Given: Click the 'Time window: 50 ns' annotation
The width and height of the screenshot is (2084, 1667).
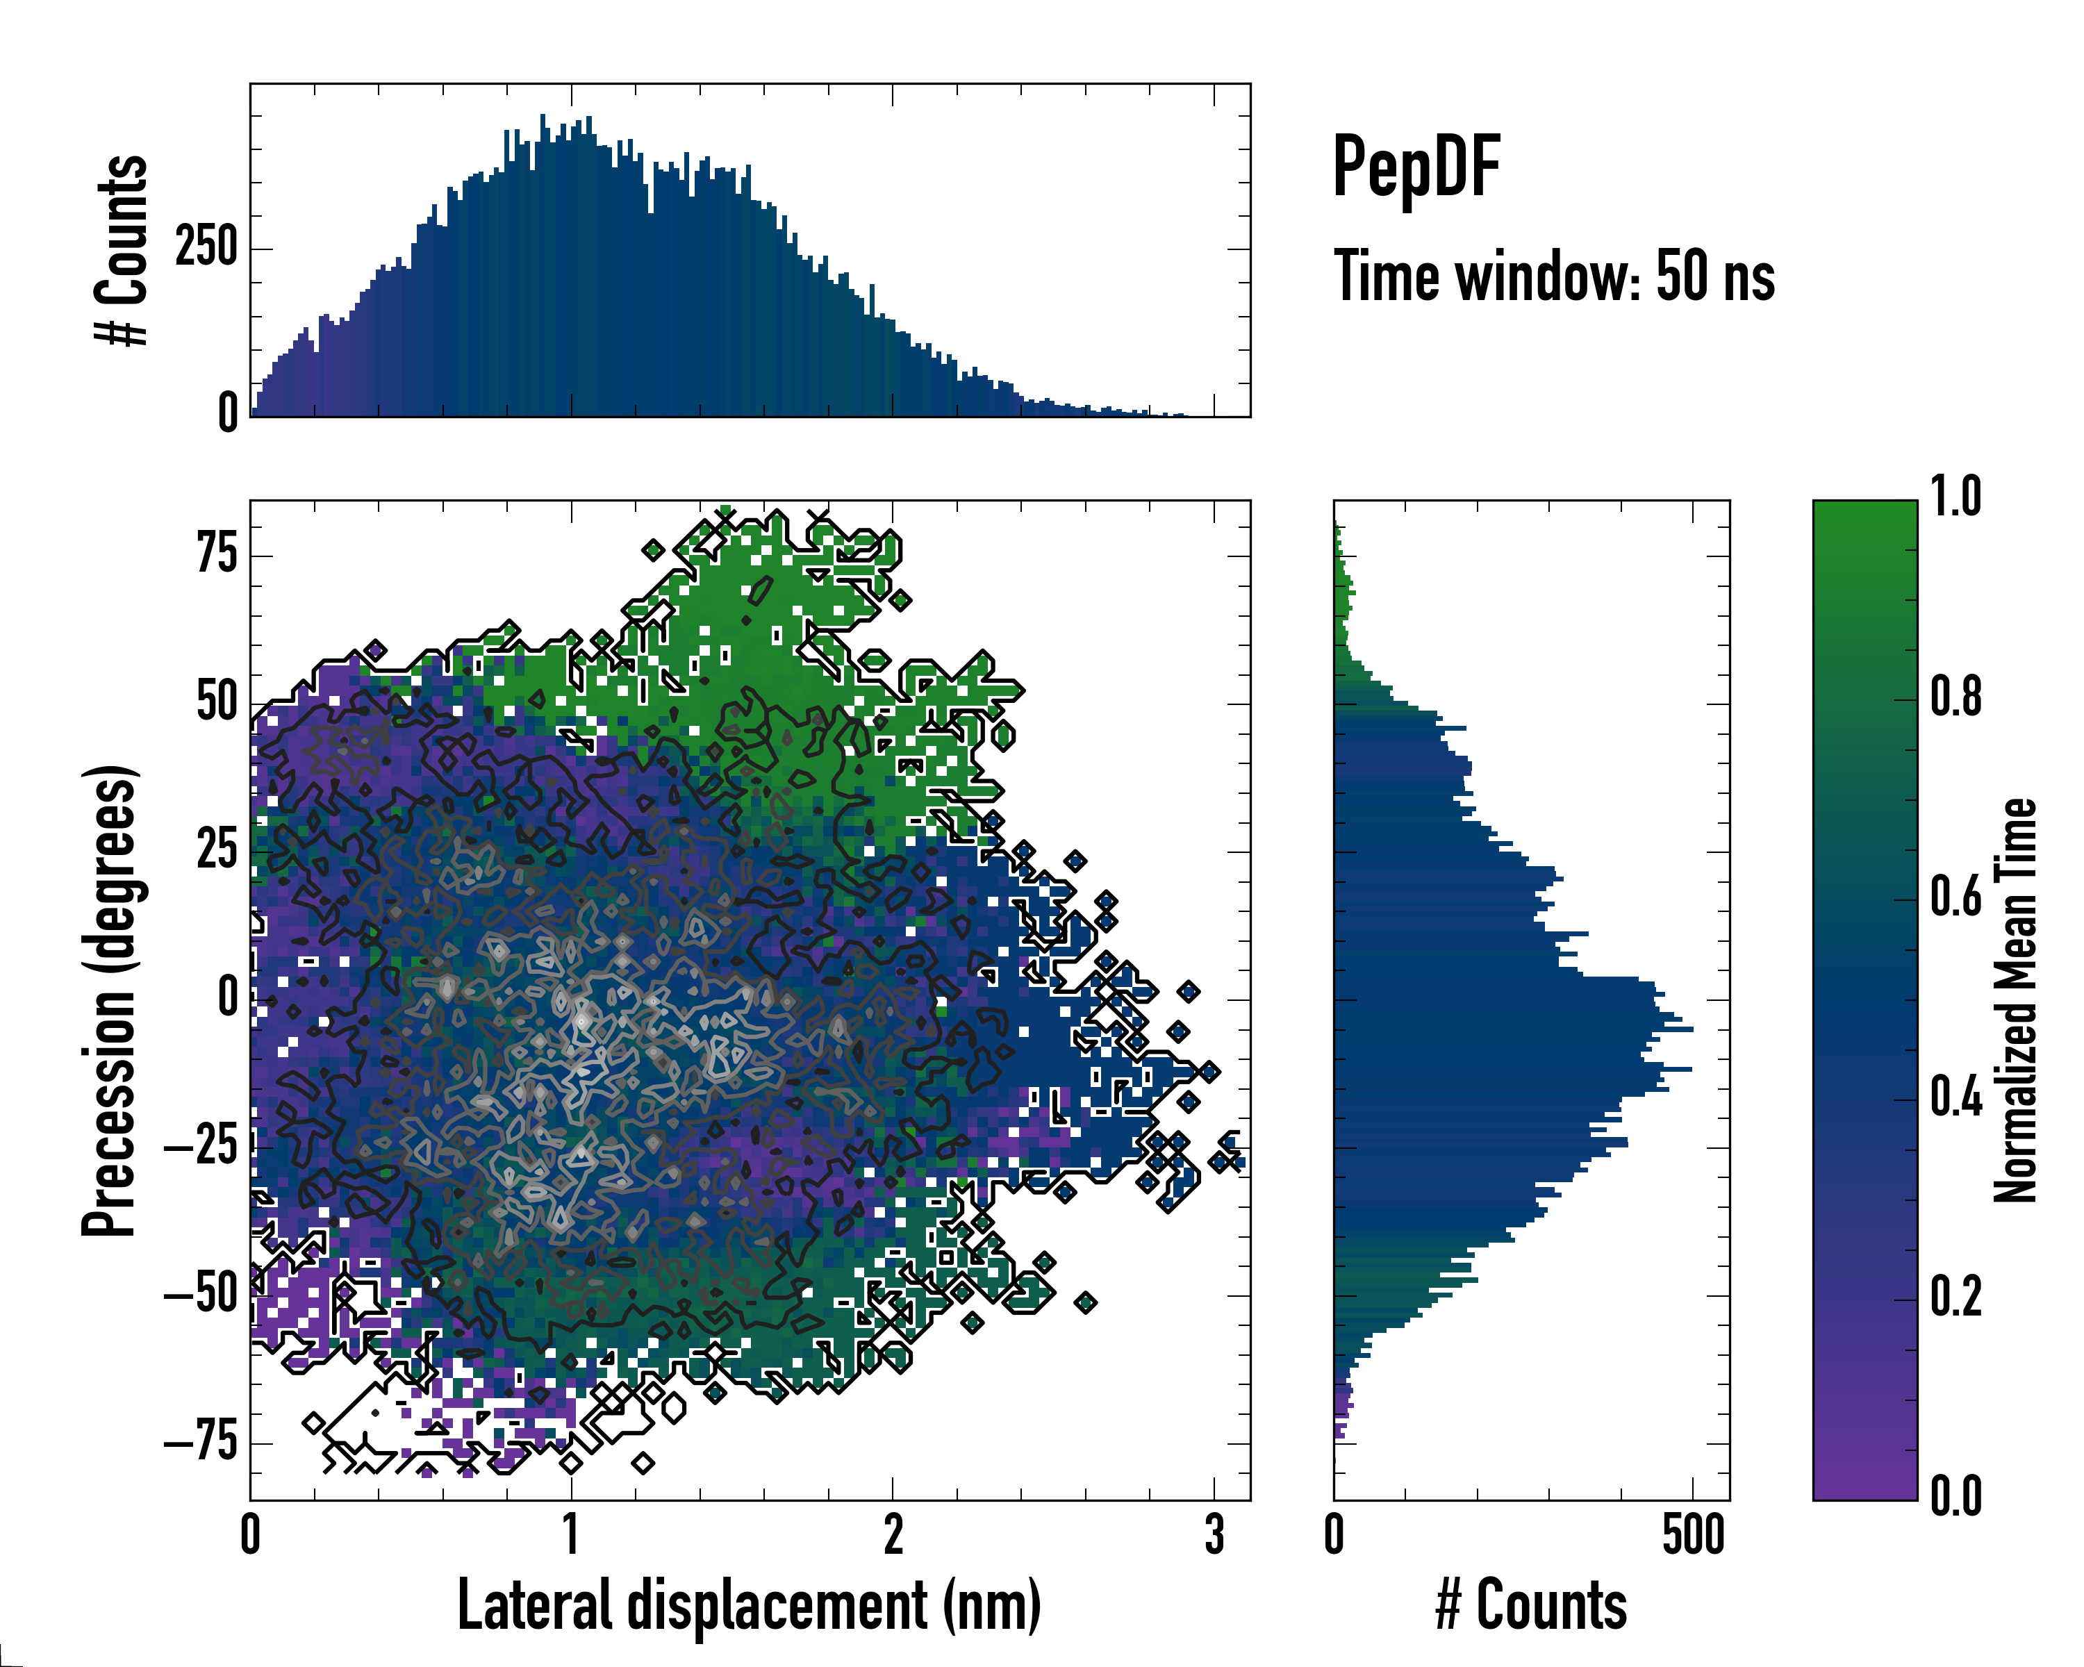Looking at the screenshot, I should click(x=1553, y=276).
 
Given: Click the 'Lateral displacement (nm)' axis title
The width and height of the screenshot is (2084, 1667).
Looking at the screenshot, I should click(x=749, y=1605).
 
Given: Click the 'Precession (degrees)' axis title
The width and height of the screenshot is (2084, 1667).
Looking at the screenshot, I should click(x=109, y=1000).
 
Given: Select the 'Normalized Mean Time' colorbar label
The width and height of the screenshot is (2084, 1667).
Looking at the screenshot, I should click(x=2015, y=1000).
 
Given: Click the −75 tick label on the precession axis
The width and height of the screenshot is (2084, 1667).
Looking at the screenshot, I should click(x=201, y=1443).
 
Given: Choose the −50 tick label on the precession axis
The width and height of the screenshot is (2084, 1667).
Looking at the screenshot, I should click(x=201, y=1295).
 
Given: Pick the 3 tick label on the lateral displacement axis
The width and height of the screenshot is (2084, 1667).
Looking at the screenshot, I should click(x=1214, y=1534).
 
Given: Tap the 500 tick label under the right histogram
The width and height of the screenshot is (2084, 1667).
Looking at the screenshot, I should click(x=1692, y=1534).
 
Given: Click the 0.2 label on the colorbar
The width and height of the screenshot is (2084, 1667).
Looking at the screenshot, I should click(x=1955, y=1296).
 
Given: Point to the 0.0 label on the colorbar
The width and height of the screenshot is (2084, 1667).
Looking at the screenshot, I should click(x=1955, y=1496).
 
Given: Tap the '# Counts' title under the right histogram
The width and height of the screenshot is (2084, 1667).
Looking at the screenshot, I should click(x=1531, y=1605).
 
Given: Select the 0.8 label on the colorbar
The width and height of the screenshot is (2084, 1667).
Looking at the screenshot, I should click(x=1955, y=696).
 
